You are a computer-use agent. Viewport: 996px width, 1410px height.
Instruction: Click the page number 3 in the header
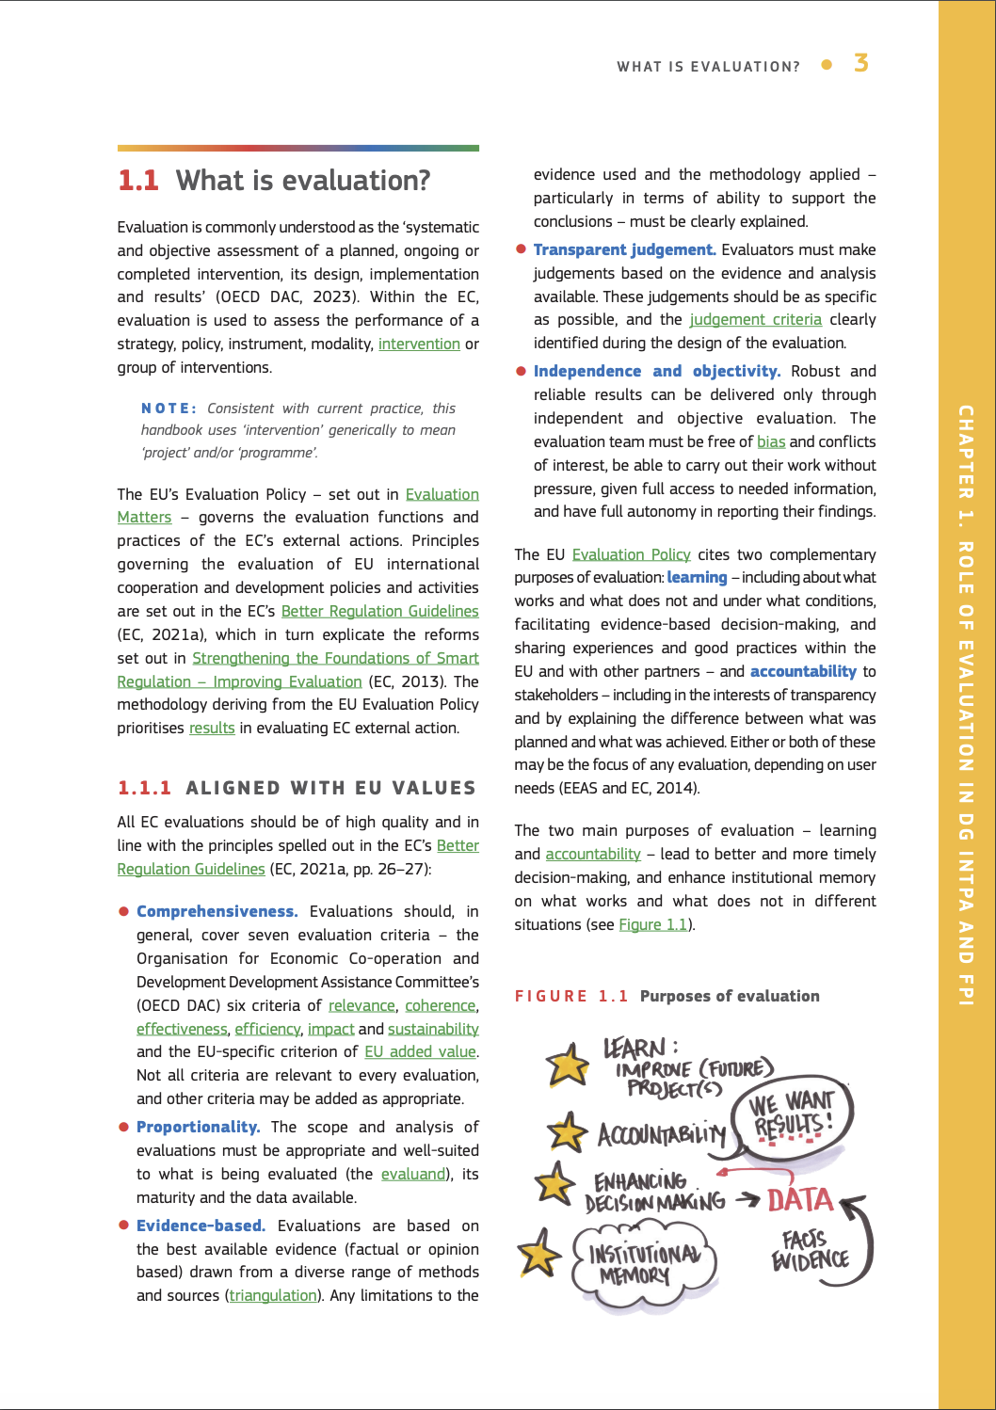tap(860, 64)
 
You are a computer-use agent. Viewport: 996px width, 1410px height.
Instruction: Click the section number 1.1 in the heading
tap(138, 181)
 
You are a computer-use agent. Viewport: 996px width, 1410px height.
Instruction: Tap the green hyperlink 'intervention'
tap(419, 344)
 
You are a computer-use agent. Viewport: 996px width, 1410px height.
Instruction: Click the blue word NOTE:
tap(169, 409)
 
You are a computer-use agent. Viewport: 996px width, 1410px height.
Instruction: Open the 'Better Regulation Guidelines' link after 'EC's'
tap(379, 612)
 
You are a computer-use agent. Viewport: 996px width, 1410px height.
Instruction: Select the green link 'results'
tap(212, 729)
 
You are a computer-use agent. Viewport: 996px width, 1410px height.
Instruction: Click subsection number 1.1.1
tap(145, 789)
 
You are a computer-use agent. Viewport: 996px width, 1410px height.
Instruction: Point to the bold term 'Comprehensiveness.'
tap(217, 912)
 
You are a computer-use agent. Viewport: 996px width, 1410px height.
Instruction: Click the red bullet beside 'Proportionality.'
tap(123, 1127)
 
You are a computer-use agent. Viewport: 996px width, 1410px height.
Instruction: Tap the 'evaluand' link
tap(413, 1175)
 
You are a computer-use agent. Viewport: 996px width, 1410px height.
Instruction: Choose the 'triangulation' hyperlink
tap(273, 1296)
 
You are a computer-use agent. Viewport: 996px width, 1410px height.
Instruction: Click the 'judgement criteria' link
tap(755, 320)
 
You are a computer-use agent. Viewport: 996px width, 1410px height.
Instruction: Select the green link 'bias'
tap(771, 442)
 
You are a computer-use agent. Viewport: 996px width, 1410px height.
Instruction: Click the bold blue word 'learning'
tap(697, 578)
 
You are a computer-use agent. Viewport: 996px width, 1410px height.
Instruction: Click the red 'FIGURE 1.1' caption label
tap(571, 997)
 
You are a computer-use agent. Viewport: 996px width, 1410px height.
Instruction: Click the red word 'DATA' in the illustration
tap(800, 1200)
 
